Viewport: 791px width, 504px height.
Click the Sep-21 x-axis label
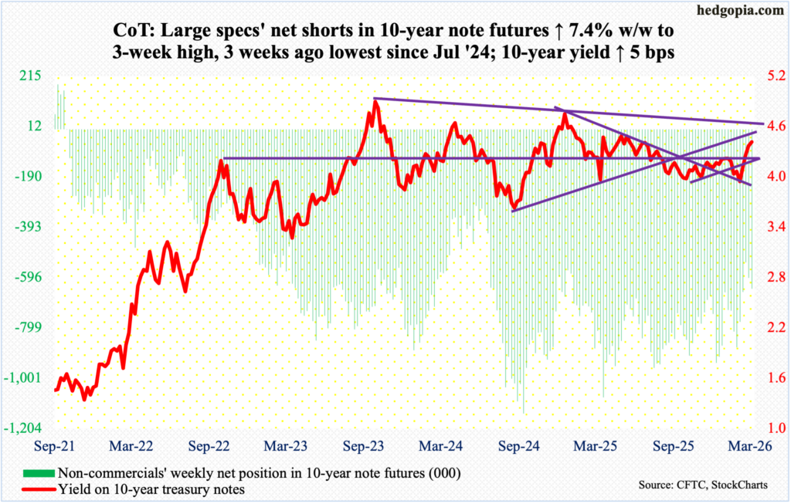tap(55, 445)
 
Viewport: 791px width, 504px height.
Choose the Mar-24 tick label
tap(442, 445)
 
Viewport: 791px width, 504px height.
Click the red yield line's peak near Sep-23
tap(375, 101)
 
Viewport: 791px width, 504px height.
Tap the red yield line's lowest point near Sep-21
tap(84, 399)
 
